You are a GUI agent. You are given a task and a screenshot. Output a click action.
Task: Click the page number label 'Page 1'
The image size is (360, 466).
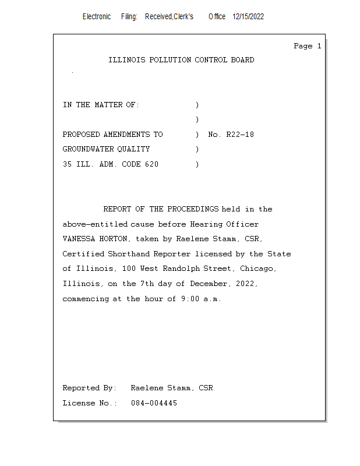click(x=307, y=46)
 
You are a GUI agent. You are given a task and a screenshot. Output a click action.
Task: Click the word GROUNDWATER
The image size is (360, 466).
click(x=87, y=150)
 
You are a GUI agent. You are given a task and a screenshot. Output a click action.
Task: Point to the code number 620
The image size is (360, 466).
click(x=151, y=164)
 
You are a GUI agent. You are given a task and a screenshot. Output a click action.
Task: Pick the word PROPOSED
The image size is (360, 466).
click(x=81, y=135)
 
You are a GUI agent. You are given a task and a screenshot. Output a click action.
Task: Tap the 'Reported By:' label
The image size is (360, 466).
click(x=89, y=388)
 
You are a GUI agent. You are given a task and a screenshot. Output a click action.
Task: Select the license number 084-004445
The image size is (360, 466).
click(x=154, y=403)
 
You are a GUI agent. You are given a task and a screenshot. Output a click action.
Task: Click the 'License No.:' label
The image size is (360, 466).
click(x=89, y=403)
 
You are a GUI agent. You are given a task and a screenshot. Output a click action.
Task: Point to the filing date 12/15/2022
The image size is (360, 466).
click(x=248, y=17)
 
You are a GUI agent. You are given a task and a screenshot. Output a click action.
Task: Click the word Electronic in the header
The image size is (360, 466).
click(x=97, y=17)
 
